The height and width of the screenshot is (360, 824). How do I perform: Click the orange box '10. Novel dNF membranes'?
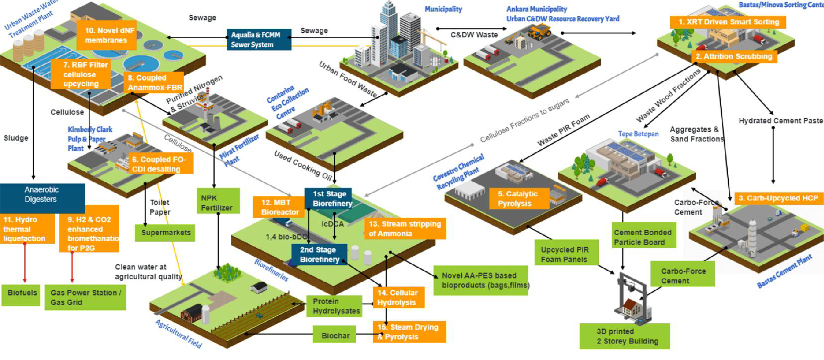(106, 35)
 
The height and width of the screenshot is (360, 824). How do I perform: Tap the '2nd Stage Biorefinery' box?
(319, 255)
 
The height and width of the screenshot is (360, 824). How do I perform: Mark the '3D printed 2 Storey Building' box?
(624, 336)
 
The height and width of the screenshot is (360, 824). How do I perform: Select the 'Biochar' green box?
(335, 334)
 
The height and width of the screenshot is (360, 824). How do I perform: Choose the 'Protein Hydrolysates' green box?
(334, 306)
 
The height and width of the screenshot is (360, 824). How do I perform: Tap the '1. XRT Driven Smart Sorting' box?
(728, 22)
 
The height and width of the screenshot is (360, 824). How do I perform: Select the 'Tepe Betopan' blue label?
(638, 134)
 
